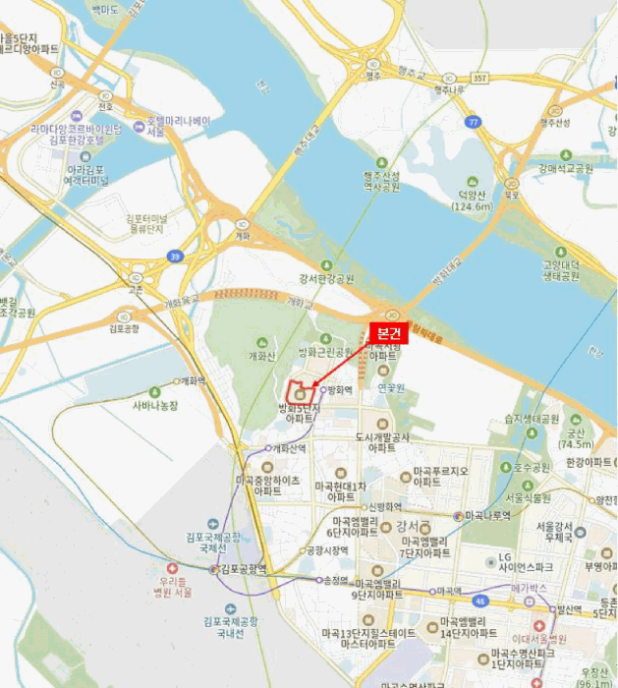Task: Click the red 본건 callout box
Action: point(389,332)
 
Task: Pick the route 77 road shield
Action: point(474,122)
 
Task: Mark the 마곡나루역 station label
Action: point(487,514)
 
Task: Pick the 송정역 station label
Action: point(335,581)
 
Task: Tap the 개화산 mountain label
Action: point(263,356)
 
